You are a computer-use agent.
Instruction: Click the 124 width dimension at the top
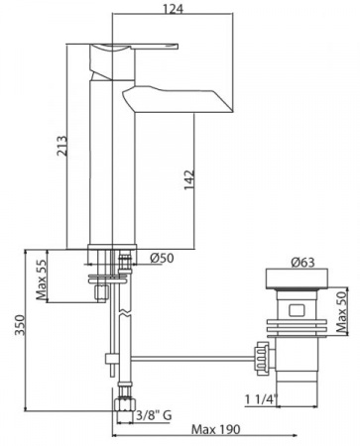click(x=173, y=9)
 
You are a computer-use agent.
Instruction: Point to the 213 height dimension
click(x=61, y=146)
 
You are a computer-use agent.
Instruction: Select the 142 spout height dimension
click(x=189, y=180)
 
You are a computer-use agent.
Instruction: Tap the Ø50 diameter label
click(x=162, y=258)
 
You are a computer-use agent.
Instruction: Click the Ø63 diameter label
click(x=302, y=263)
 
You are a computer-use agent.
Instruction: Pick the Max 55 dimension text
click(x=42, y=279)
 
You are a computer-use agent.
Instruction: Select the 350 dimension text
click(x=20, y=325)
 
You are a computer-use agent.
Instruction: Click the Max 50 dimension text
click(x=341, y=312)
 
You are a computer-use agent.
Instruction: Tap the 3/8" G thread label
click(x=155, y=415)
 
